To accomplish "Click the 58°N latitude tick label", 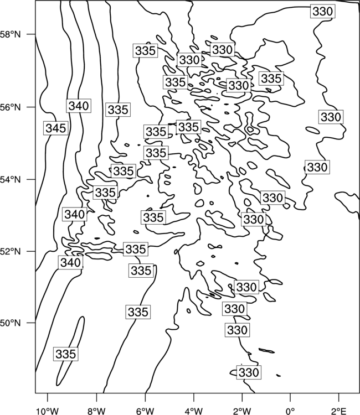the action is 11,35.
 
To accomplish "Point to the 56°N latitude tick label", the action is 11,107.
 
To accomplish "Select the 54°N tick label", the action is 11,180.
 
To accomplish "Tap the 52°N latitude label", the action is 11,251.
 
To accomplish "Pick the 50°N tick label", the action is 11,323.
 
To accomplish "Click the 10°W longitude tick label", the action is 48,411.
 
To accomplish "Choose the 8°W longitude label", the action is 96,411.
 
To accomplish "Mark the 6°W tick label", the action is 145,411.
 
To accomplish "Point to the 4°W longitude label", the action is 194,411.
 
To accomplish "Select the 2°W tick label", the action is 242,411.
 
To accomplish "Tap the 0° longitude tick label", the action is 290,411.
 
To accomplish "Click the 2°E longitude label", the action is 339,411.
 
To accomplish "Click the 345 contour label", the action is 56,128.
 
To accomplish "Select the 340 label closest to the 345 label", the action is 79,106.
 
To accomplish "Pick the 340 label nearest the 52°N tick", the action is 70,262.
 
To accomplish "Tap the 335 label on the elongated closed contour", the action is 66,354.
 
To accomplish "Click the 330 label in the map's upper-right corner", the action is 323,12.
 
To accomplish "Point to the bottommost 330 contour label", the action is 249,372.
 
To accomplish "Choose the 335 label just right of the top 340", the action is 118,110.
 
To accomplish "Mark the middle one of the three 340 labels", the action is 75,214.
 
